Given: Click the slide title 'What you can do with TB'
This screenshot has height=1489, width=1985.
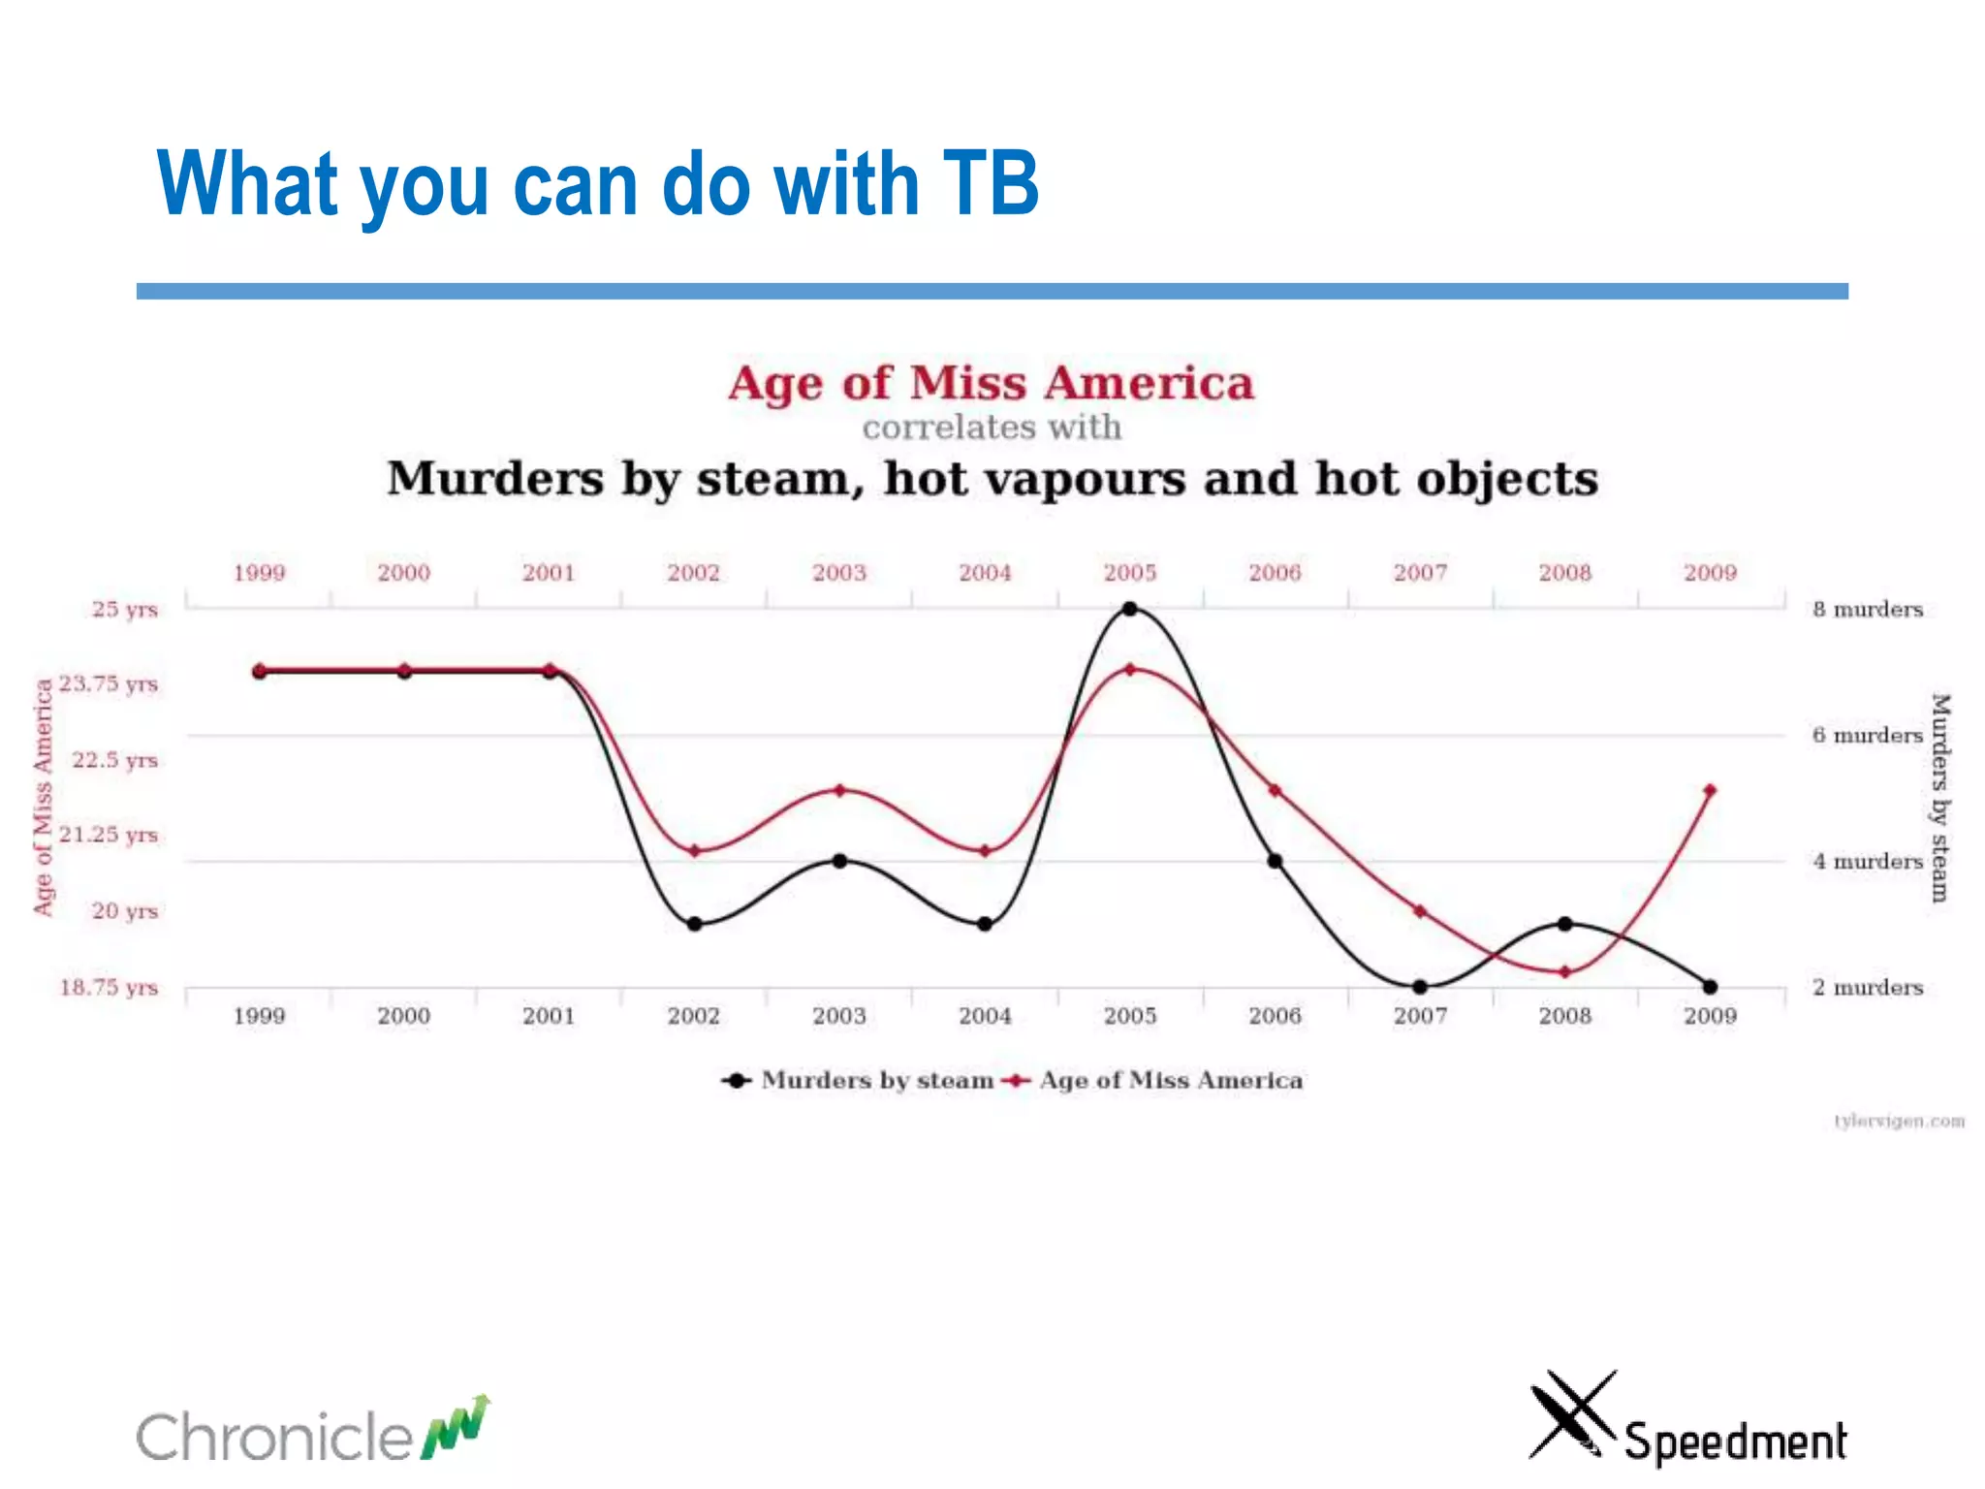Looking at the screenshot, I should point(597,184).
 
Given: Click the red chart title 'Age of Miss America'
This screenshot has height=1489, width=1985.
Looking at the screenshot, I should point(991,383).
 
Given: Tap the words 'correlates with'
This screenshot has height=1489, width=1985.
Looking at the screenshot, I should point(992,428).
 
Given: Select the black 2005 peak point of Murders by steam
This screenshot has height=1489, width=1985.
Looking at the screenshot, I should point(1129,609).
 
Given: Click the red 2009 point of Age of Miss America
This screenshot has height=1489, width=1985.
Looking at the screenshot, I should point(1710,791).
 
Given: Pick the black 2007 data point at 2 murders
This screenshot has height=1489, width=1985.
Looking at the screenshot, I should point(1420,987).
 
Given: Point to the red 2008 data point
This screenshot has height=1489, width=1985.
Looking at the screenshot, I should point(1564,971).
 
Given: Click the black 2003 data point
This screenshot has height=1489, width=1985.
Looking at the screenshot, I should point(839,861).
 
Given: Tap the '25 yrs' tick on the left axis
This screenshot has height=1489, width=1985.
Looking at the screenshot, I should point(124,610).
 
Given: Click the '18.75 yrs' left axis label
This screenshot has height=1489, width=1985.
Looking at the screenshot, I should point(109,987).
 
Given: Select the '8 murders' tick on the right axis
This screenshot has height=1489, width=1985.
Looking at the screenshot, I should point(1868,610).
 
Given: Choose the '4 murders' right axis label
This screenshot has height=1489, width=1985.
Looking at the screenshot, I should point(1868,862).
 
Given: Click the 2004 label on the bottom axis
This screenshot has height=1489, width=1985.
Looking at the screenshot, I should point(985,1016).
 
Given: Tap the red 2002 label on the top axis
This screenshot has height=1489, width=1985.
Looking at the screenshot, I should point(693,573).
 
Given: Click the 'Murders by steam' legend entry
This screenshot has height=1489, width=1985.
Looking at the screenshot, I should point(861,1080).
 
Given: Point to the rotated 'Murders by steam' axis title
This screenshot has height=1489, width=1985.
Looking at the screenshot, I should point(1938,797).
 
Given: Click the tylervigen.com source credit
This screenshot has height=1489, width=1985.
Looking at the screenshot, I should point(1899,1122).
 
